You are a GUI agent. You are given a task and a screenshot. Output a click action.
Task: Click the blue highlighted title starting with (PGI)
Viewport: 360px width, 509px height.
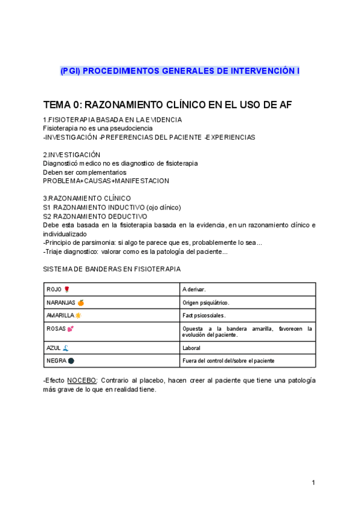click(x=180, y=71)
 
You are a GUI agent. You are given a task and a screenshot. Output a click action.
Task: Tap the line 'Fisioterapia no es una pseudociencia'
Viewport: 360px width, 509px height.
click(x=98, y=128)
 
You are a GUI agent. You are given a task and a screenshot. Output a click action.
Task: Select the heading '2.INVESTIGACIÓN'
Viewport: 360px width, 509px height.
click(x=72, y=154)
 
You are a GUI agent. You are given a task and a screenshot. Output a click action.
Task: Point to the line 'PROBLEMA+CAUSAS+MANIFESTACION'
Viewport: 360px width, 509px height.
click(x=106, y=181)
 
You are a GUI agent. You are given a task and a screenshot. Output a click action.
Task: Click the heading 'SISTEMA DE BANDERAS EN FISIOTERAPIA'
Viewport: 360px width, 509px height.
click(x=112, y=268)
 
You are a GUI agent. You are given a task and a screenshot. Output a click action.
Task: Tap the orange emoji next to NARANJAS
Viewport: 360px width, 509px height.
click(x=80, y=303)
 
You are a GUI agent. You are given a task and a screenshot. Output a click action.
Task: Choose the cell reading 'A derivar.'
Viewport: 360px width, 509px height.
click(x=194, y=290)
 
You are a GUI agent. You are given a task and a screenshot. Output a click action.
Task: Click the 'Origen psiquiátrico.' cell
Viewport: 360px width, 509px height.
click(x=206, y=303)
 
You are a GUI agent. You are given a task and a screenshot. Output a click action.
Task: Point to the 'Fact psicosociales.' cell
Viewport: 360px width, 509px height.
click(x=204, y=316)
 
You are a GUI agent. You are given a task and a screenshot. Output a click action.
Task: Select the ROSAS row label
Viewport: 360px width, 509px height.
click(x=57, y=329)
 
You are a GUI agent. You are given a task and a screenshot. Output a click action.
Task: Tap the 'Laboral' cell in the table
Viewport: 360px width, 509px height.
click(x=192, y=348)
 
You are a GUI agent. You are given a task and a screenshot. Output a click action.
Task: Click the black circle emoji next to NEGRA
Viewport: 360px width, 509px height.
click(x=71, y=361)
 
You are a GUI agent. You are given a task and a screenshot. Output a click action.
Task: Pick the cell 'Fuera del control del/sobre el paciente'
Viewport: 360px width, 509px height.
click(x=228, y=361)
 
